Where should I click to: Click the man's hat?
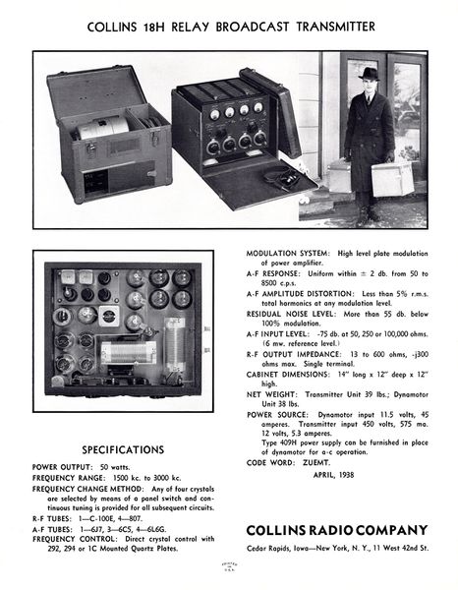(x=371, y=74)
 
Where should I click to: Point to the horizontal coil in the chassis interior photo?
(x=124, y=352)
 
